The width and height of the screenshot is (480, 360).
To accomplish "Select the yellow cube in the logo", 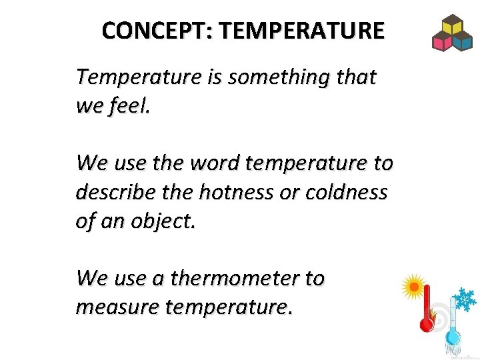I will (453, 26).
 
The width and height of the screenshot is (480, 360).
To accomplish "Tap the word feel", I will (131, 107).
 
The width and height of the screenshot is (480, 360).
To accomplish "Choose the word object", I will (164, 221).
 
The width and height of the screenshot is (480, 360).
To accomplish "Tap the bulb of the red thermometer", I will (425, 325).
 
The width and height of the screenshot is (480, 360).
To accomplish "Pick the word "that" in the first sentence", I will (357, 78).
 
